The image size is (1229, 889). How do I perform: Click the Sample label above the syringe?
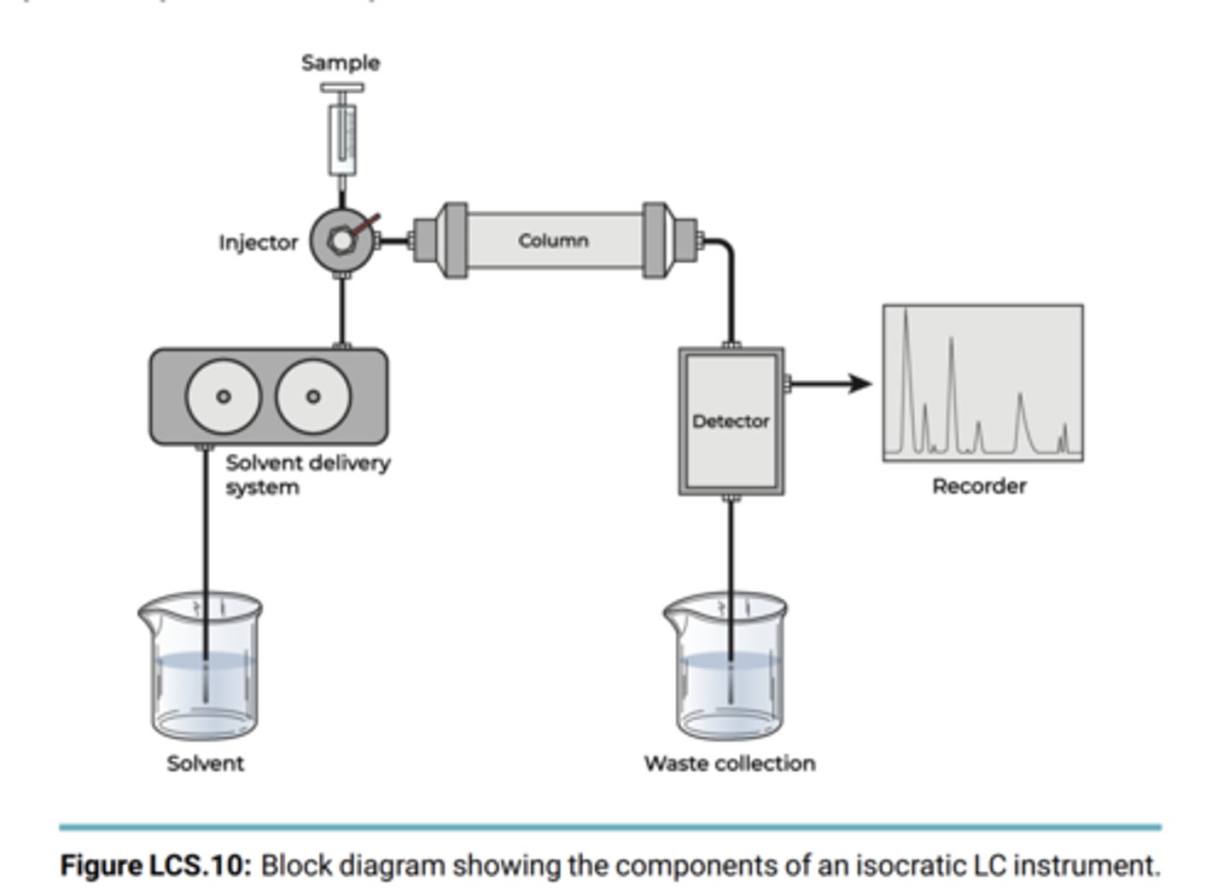[x=341, y=62]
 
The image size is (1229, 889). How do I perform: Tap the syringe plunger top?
[x=341, y=87]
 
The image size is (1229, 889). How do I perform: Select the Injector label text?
[x=258, y=243]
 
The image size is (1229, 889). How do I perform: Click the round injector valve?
[x=341, y=241]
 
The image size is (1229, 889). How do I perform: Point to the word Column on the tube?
[x=553, y=241]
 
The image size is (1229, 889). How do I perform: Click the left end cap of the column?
[x=454, y=241]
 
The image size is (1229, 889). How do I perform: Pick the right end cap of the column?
[x=655, y=241]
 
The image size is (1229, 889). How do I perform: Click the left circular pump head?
[x=224, y=397]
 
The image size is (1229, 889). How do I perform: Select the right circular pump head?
[x=313, y=397]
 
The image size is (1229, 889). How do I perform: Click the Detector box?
[x=731, y=421]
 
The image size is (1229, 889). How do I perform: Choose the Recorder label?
[x=979, y=486]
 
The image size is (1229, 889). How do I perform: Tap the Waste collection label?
[x=730, y=764]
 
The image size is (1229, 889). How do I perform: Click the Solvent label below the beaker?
[x=205, y=764]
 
